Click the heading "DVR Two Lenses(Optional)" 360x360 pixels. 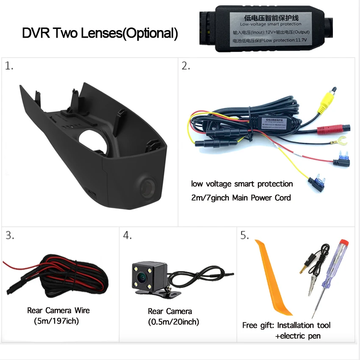[x=100, y=33]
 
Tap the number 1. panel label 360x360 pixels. [x=9, y=66]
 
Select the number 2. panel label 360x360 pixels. [x=186, y=66]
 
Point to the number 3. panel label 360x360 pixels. [x=9, y=236]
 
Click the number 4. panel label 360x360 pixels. [x=127, y=236]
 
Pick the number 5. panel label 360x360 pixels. [x=245, y=236]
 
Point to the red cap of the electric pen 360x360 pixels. [x=344, y=246]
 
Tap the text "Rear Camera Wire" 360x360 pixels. [x=58, y=310]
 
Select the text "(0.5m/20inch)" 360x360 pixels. [x=174, y=322]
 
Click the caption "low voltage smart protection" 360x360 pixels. [x=242, y=184]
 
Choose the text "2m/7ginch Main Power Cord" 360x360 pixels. [x=241, y=197]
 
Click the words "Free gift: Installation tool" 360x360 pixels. [x=286, y=325]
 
